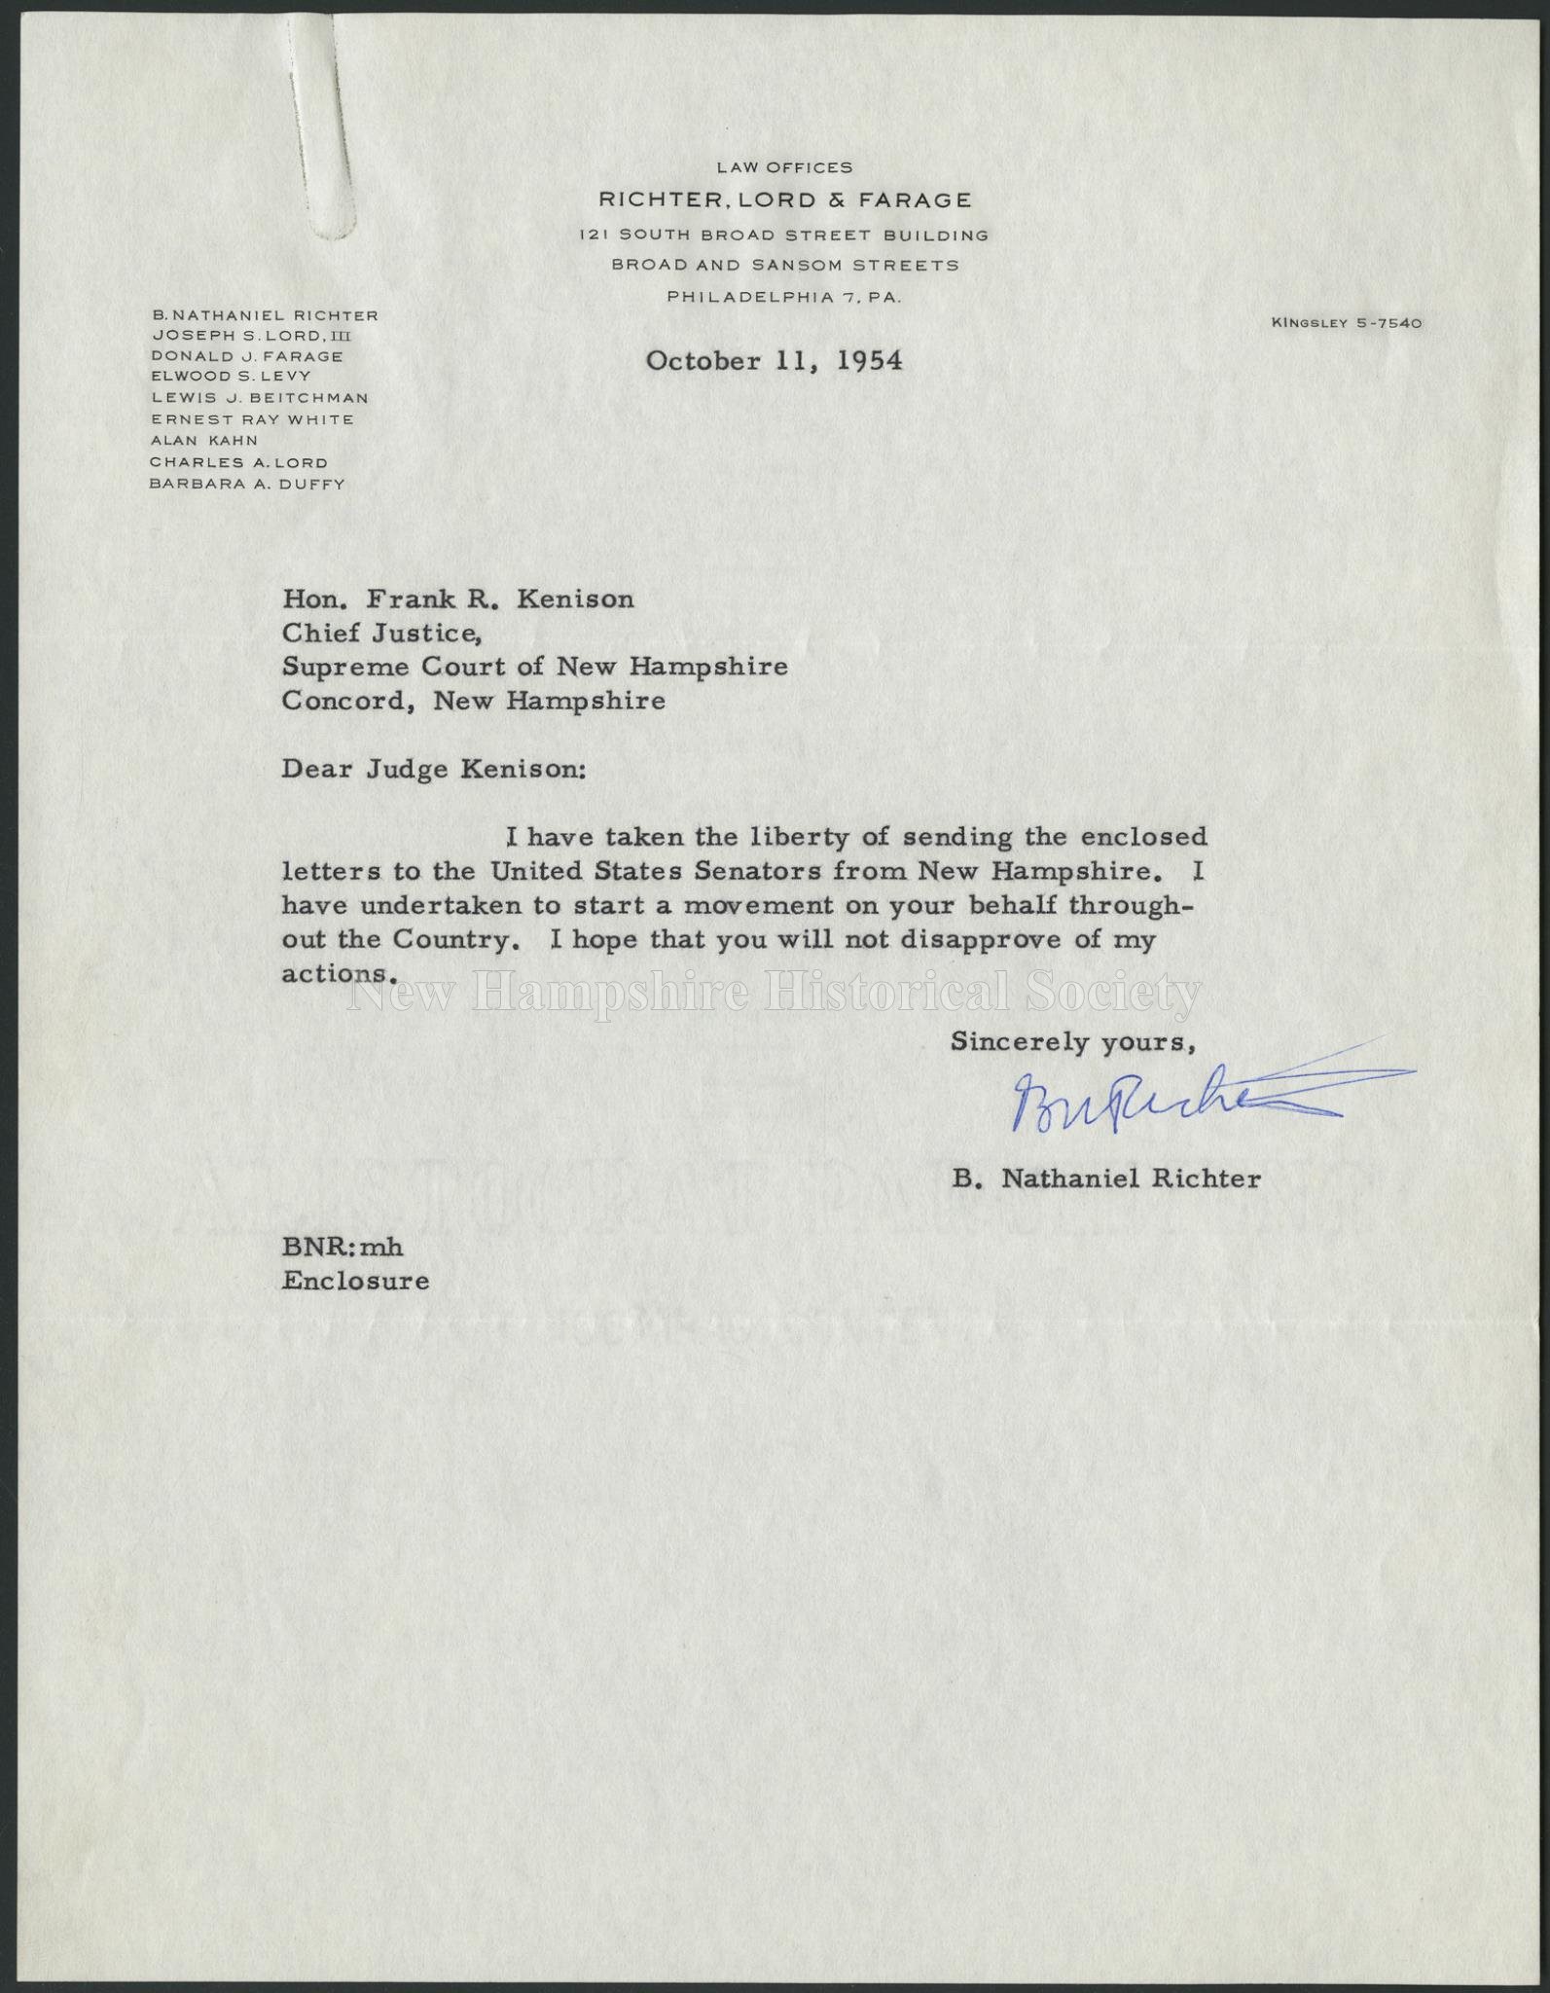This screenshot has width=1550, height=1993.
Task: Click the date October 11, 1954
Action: (774, 361)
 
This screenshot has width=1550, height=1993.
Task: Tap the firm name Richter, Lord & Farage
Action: (784, 200)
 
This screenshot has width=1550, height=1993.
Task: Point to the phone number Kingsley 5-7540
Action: (1346, 323)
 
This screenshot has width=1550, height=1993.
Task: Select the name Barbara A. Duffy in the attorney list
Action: (247, 484)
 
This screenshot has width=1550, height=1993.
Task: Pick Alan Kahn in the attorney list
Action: (204, 441)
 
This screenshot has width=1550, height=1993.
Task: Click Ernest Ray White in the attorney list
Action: (252, 419)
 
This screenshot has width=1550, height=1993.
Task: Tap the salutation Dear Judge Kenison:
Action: (434, 770)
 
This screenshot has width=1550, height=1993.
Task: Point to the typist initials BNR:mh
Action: (342, 1248)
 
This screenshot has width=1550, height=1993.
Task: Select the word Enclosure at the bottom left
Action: (355, 1281)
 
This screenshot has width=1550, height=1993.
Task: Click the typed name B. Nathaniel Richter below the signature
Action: (1106, 1178)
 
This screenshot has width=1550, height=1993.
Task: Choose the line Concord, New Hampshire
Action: (473, 701)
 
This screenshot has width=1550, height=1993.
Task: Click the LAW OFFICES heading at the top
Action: (784, 167)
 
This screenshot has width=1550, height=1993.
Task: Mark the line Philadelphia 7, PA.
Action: (784, 297)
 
